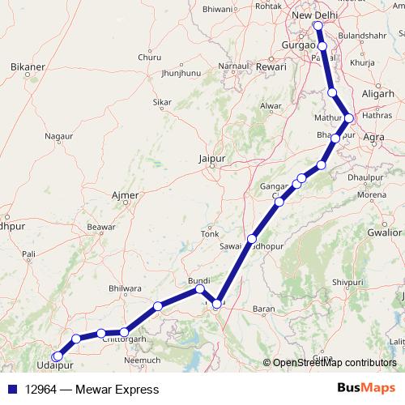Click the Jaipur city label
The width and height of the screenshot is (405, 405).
[x=211, y=159]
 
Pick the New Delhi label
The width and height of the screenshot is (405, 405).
[x=313, y=15]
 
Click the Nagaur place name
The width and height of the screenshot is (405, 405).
[x=58, y=137]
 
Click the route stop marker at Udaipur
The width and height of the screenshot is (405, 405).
[x=57, y=356]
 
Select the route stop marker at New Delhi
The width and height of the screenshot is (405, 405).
[x=318, y=27]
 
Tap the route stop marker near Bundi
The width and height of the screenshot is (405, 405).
[x=199, y=288]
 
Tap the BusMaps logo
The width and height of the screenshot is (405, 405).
[x=366, y=389]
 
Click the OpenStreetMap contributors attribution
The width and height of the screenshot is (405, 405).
[x=334, y=363]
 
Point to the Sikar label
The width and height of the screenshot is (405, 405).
[x=162, y=103]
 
